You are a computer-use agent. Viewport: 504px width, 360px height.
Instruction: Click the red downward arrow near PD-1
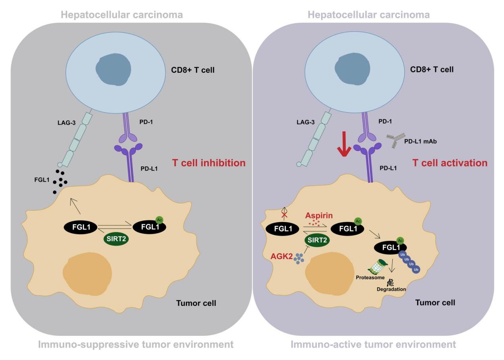pyautogui.click(x=344, y=144)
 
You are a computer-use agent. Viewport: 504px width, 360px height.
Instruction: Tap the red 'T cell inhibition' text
pyautogui.click(x=209, y=163)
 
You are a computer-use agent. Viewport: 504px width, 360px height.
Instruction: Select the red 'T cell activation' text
pyautogui.click(x=450, y=163)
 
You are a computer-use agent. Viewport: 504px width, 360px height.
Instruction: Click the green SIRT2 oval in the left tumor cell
pyautogui.click(x=116, y=238)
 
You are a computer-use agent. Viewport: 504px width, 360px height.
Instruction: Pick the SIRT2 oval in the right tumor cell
pyautogui.click(x=317, y=240)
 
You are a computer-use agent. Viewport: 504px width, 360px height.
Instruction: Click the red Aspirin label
pyautogui.click(x=319, y=215)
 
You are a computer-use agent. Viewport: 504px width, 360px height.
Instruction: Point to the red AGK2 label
pyautogui.click(x=281, y=256)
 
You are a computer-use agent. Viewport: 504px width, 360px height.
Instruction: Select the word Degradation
pyautogui.click(x=391, y=289)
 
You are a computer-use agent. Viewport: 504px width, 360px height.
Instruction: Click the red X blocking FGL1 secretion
pyautogui.click(x=285, y=215)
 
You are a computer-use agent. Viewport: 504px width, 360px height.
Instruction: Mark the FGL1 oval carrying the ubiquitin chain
pyautogui.click(x=390, y=248)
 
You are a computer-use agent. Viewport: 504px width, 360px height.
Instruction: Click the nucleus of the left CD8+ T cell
pyautogui.click(x=113, y=69)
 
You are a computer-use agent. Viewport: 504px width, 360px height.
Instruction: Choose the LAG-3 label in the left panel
pyautogui.click(x=66, y=122)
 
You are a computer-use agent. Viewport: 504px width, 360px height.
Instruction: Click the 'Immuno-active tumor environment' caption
pyautogui.click(x=373, y=344)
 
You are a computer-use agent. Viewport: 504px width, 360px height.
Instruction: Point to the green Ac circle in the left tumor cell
pyautogui.click(x=159, y=220)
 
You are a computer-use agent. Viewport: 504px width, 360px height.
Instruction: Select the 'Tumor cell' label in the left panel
pyautogui.click(x=196, y=303)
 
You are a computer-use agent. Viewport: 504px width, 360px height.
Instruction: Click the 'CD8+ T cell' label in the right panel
pyautogui.click(x=432, y=69)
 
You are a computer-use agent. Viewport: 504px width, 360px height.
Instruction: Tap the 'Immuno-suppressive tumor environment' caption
pyautogui.click(x=136, y=344)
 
